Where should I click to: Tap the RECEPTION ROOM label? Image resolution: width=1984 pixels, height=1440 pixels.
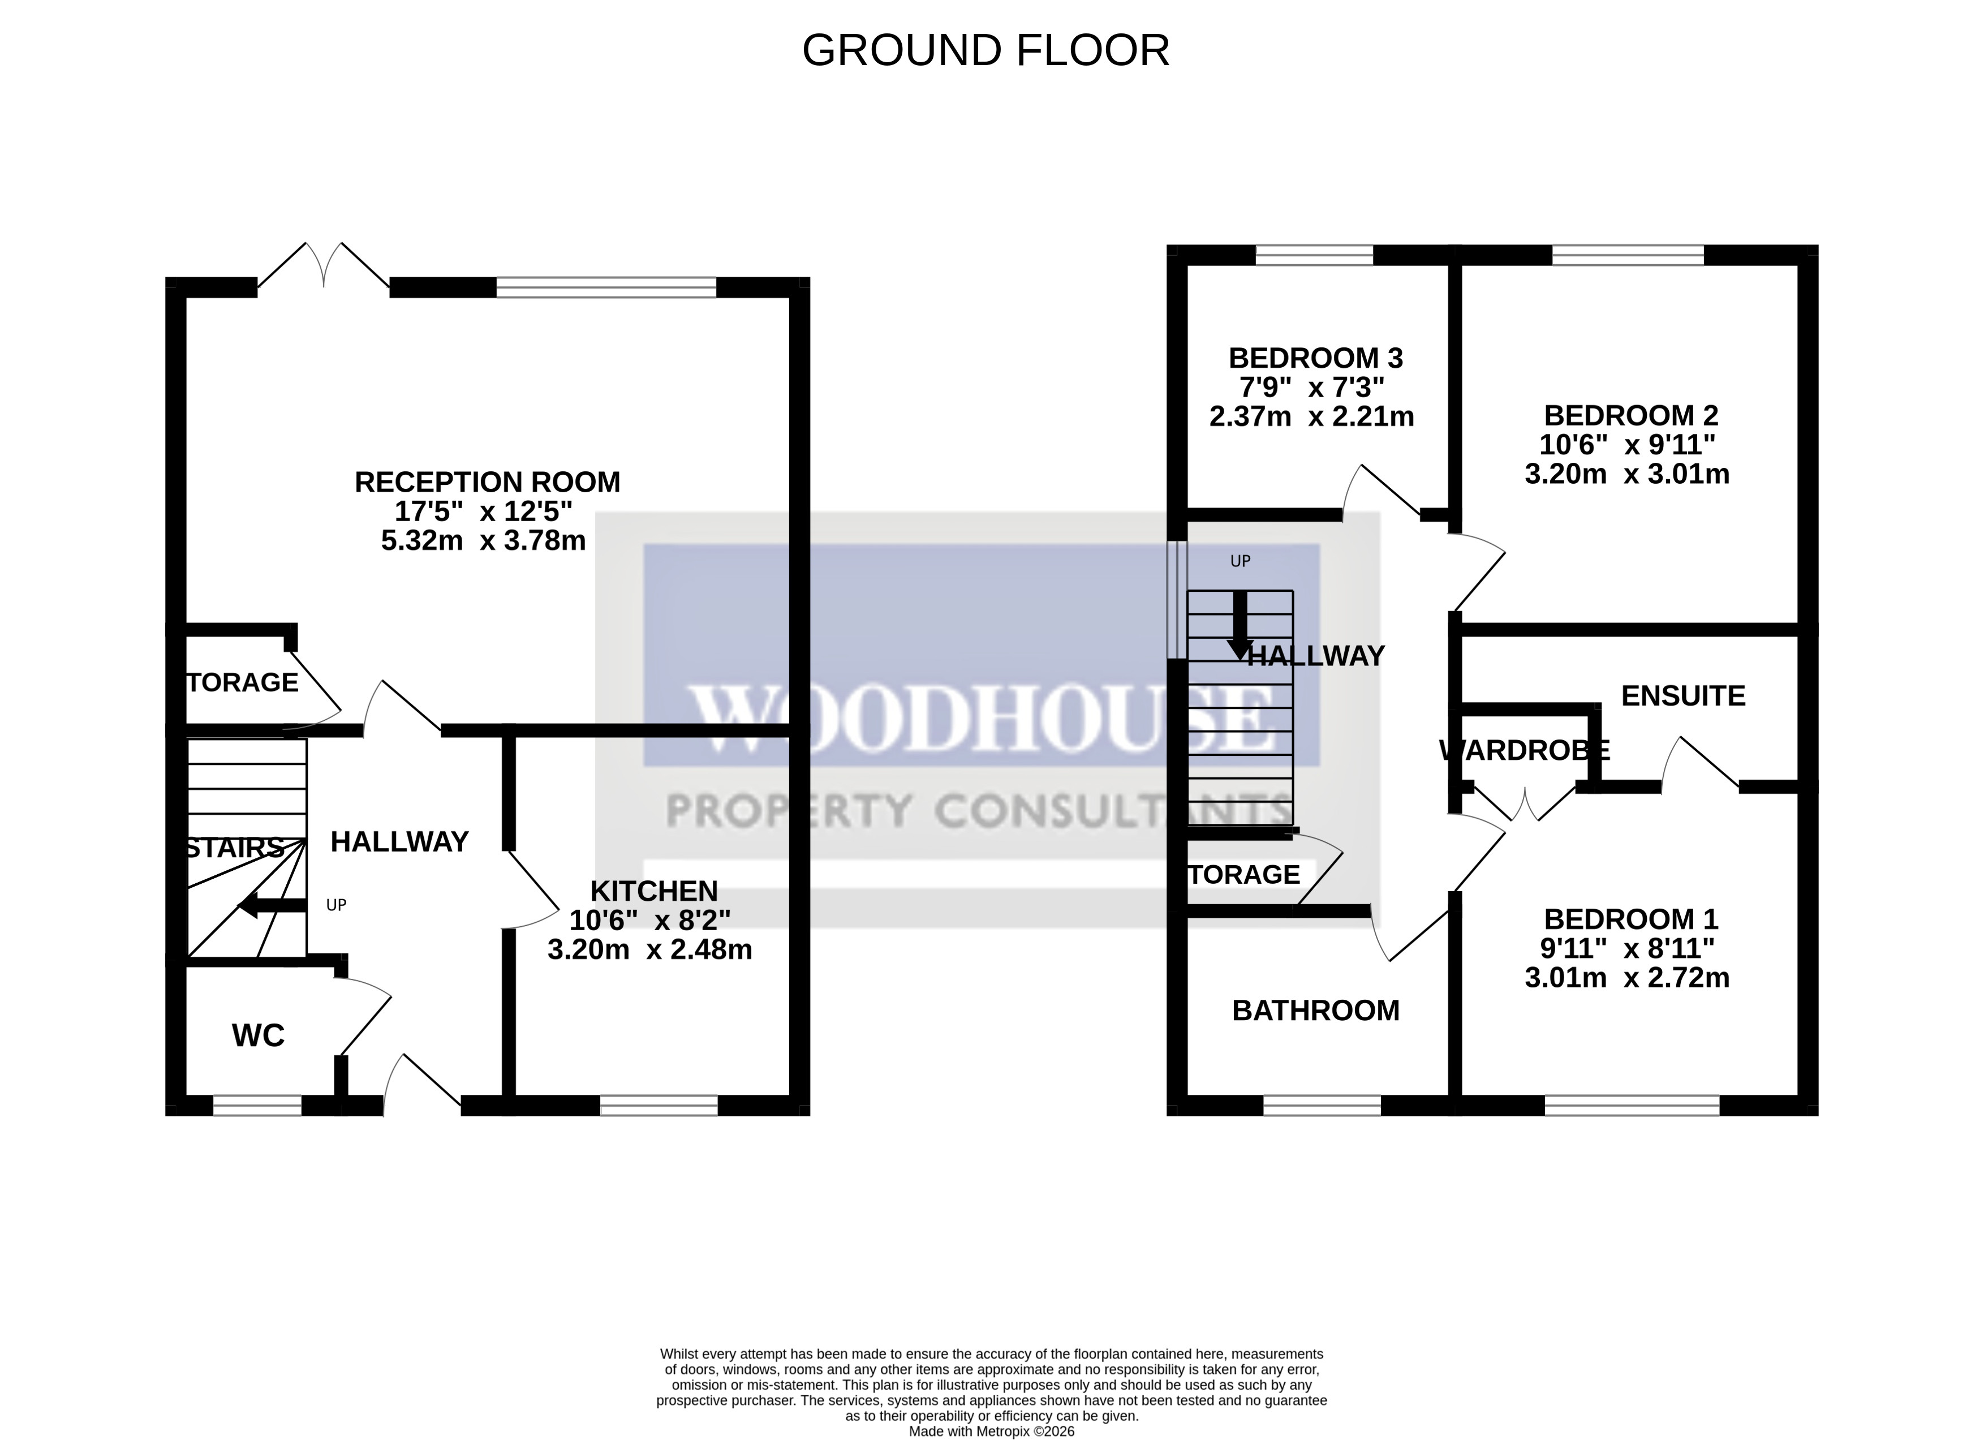(487, 482)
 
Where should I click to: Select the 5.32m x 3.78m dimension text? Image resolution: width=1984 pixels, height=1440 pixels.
(483, 541)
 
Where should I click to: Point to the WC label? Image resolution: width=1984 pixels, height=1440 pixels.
(258, 1036)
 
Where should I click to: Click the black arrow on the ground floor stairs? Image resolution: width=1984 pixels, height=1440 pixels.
(271, 906)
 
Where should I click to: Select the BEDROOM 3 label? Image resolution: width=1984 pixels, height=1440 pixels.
(1316, 358)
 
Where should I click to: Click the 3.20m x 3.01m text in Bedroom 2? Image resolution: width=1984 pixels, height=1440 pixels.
(1626, 474)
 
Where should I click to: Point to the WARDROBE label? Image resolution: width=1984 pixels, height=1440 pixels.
(1524, 750)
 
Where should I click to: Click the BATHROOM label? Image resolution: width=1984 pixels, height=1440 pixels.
(1316, 1011)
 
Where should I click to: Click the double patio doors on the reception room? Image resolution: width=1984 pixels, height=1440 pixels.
(324, 265)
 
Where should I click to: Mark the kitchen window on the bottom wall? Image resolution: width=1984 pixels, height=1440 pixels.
(659, 1106)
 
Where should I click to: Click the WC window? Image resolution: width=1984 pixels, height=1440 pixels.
(257, 1106)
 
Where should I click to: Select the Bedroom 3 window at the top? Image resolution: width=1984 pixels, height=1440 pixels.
(1314, 255)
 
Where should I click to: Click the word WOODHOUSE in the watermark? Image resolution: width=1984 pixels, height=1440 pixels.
(980, 719)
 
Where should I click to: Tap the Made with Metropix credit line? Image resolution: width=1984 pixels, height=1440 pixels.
(991, 1432)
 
